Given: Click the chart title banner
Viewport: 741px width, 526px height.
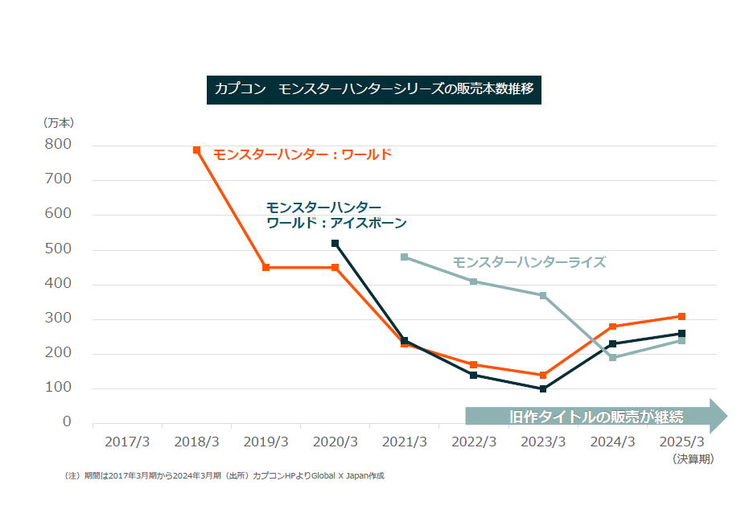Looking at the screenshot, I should click(x=374, y=88).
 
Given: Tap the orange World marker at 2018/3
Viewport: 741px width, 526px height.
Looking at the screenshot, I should click(x=197, y=150).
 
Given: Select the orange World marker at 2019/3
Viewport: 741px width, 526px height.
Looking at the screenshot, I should click(x=266, y=267).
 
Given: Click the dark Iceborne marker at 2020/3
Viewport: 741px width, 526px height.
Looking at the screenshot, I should click(x=336, y=243).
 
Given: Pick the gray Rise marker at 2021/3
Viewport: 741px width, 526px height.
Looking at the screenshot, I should click(x=405, y=257).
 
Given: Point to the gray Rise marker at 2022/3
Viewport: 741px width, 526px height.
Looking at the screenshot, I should click(x=474, y=281).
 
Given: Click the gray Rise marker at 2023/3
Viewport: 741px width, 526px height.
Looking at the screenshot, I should click(x=543, y=296).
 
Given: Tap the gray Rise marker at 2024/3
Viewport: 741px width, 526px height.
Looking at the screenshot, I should click(x=612, y=357).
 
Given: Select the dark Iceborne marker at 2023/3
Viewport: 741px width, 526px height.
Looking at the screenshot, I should click(x=543, y=389).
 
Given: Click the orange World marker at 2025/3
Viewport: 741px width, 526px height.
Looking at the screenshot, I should click(x=681, y=316).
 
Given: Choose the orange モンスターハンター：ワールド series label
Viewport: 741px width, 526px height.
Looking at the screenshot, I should click(x=303, y=154).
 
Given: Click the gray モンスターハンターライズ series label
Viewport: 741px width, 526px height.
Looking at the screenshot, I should click(x=529, y=262).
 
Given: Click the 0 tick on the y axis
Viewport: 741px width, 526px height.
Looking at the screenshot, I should click(x=67, y=422).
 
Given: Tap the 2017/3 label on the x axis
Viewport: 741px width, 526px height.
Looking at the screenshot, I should click(x=127, y=442).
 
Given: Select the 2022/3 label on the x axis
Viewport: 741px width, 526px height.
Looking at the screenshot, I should click(x=474, y=442).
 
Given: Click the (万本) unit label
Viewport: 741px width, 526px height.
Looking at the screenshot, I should click(x=58, y=123).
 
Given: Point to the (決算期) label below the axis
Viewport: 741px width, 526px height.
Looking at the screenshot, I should click(x=693, y=459).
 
